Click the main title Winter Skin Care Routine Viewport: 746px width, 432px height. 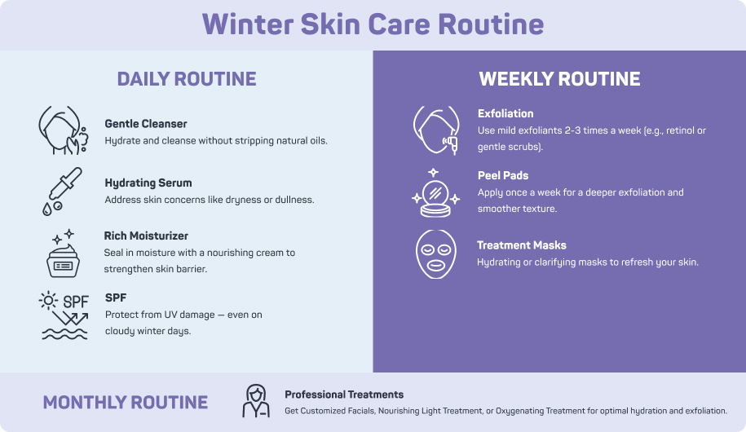click(x=373, y=24)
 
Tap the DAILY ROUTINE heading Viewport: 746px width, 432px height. click(x=187, y=79)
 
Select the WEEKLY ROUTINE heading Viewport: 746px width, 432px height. click(x=559, y=79)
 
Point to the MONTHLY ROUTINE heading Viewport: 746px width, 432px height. click(x=125, y=403)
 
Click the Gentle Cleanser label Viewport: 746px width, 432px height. click(x=146, y=124)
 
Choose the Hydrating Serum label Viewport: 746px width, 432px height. click(x=148, y=183)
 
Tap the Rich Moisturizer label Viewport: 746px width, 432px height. click(x=146, y=236)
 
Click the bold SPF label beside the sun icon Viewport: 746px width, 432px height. click(x=116, y=298)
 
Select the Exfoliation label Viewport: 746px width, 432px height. click(x=505, y=114)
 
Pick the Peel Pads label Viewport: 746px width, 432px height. click(x=503, y=175)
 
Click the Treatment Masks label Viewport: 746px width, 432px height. click(x=522, y=245)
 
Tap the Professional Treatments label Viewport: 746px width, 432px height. click(x=344, y=395)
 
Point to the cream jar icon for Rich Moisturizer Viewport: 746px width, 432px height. click(x=64, y=253)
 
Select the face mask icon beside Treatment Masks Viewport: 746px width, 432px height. click(x=436, y=254)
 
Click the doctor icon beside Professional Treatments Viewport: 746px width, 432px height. click(x=256, y=401)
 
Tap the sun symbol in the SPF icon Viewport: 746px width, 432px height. click(x=48, y=301)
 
